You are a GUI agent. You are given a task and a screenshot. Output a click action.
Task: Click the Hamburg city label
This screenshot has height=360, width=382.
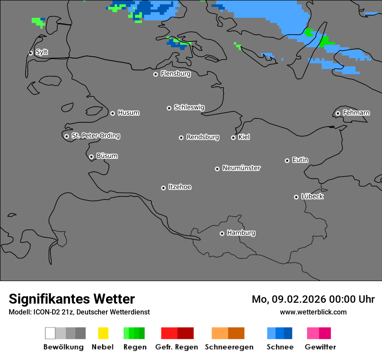(x=241, y=233)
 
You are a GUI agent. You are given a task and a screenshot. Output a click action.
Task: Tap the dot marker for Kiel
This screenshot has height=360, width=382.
(x=233, y=137)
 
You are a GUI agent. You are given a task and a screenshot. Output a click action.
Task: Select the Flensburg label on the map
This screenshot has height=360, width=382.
(x=175, y=74)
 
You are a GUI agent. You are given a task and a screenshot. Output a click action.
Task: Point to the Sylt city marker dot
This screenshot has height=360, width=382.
(x=30, y=53)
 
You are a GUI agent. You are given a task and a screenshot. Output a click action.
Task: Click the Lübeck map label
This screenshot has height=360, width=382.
(x=312, y=196)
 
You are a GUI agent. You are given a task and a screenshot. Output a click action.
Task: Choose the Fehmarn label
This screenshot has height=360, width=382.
(x=356, y=113)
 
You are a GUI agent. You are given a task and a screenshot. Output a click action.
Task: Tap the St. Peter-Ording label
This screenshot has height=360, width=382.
(x=95, y=136)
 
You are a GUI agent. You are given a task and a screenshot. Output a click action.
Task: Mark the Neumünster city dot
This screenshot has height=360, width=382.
(x=217, y=169)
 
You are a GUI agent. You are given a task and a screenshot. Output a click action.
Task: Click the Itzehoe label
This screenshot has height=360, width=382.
(x=180, y=187)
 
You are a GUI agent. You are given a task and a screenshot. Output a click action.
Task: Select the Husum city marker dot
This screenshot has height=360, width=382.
(x=112, y=113)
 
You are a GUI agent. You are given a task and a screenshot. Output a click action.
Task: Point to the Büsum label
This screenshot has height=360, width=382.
(x=107, y=156)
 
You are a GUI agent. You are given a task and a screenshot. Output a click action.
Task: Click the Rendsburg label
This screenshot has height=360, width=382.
(x=203, y=137)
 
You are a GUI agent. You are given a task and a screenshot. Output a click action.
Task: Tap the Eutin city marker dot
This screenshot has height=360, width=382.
(x=287, y=160)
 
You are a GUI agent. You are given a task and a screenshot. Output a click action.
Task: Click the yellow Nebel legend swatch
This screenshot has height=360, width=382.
(x=103, y=333)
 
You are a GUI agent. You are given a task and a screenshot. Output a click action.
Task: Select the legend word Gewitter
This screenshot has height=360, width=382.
(x=320, y=347)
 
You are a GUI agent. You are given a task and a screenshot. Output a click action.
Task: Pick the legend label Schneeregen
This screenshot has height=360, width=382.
(x=229, y=347)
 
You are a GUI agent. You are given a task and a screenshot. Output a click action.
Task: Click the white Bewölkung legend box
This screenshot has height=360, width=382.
(x=50, y=333)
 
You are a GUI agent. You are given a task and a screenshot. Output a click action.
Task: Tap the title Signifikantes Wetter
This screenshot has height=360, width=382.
(x=72, y=299)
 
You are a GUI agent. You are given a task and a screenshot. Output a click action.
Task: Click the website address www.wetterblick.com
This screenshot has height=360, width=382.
(x=313, y=312)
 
